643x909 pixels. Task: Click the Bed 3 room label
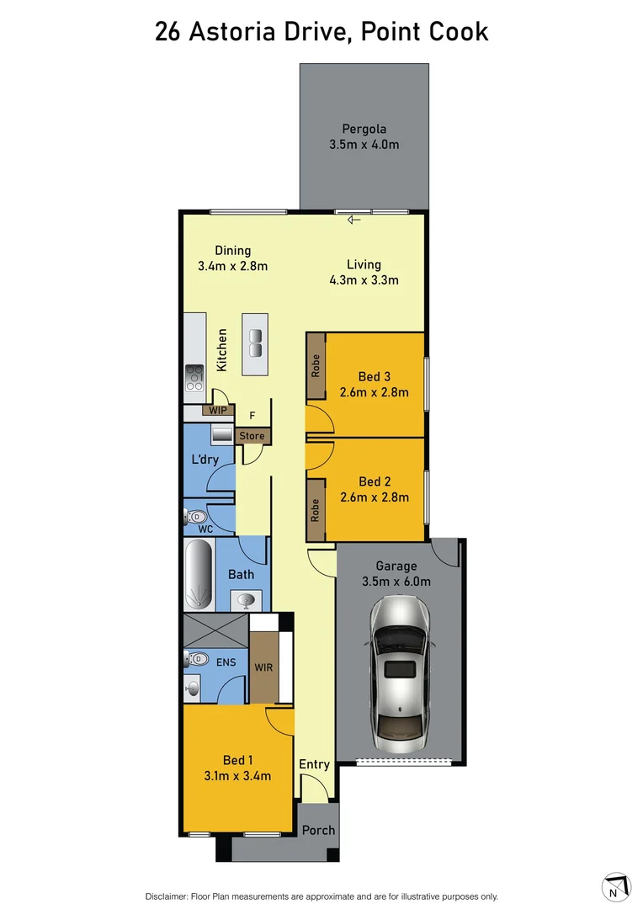373,376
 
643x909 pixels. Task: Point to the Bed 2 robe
316,510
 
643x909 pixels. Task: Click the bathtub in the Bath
199,575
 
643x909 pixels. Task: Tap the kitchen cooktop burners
194,378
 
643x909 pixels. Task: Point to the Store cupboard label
252,436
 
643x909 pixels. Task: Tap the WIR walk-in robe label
263,667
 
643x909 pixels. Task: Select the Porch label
318,830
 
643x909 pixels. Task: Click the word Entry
315,764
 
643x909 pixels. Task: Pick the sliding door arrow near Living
353,220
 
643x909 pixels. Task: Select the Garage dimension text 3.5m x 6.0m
396,582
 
